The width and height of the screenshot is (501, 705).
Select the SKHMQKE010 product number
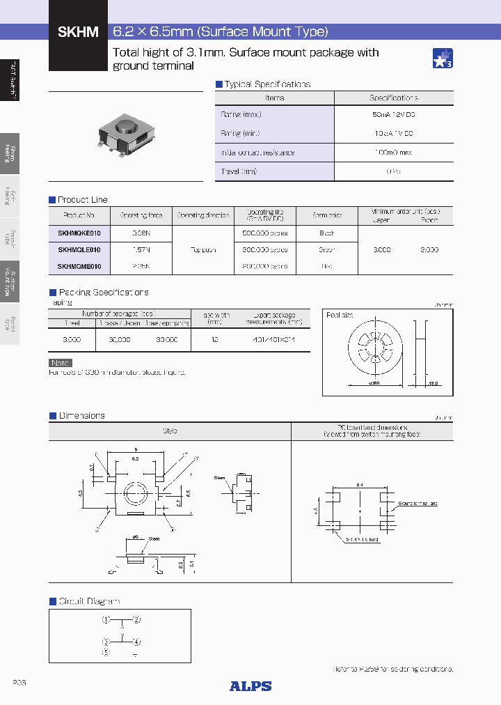coord(79,233)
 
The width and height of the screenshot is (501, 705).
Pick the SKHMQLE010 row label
coord(79,249)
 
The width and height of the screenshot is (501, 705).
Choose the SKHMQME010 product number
coord(79,266)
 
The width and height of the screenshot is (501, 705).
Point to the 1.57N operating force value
coord(141,249)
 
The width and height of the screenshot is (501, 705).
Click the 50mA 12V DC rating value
coord(394,114)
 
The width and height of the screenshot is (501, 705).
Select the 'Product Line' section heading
coord(82,200)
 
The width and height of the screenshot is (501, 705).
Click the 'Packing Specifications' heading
coord(103,293)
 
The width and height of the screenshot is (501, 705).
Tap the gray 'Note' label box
coord(61,363)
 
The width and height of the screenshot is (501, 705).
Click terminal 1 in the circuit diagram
coord(106,619)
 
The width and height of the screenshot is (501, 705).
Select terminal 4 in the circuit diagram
coord(137,642)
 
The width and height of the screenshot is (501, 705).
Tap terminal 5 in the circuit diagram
coord(106,653)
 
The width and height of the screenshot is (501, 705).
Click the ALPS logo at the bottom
coord(250,686)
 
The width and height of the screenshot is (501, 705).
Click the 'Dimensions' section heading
coord(81,416)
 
